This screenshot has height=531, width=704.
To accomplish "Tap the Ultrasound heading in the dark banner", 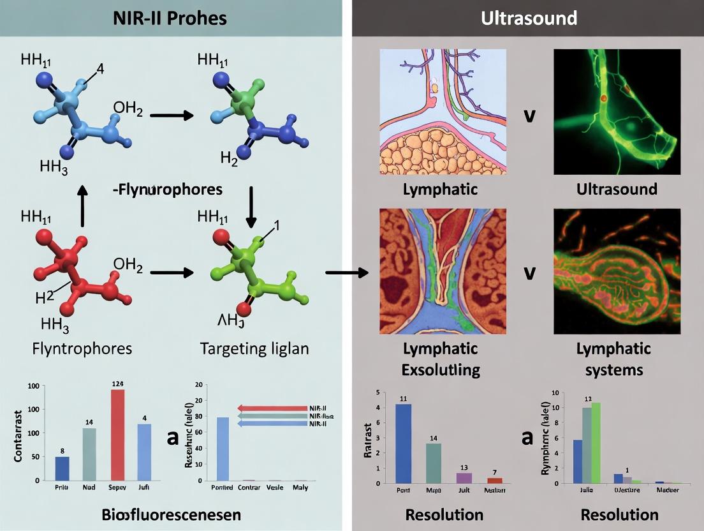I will (x=529, y=18).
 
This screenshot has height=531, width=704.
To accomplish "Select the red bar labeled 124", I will (x=117, y=435).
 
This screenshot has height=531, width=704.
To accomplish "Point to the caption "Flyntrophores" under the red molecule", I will (x=83, y=348).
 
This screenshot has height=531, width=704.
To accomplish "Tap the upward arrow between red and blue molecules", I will (x=82, y=206).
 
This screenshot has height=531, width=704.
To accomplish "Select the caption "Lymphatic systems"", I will (x=613, y=359).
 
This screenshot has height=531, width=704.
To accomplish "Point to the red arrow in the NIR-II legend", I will (x=272, y=408).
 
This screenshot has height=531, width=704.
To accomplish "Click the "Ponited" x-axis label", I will (x=223, y=488).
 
